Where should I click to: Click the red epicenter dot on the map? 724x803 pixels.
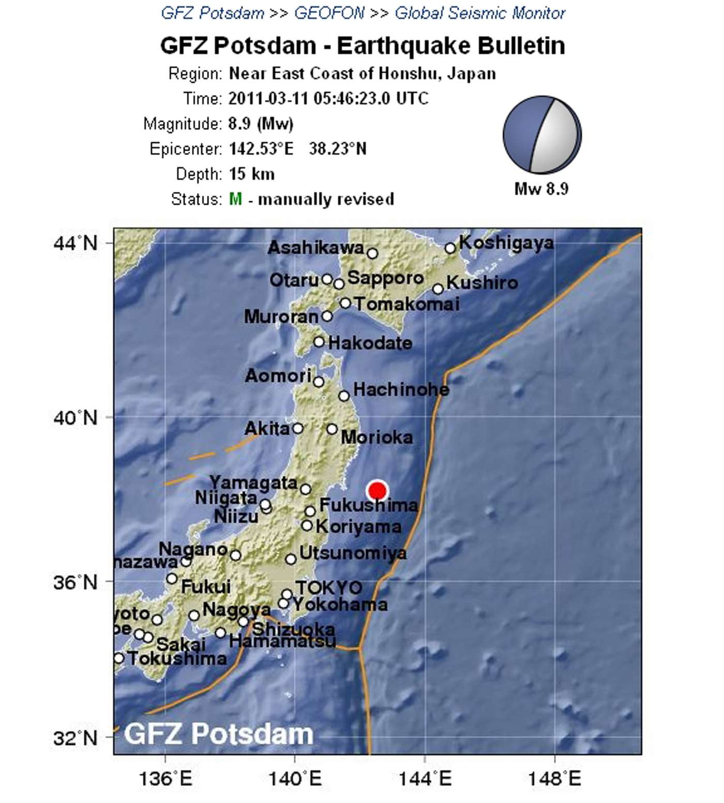[378, 490]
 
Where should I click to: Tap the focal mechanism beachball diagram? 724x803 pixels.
[542, 134]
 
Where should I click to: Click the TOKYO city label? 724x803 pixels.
[328, 587]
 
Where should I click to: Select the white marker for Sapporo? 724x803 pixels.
[339, 284]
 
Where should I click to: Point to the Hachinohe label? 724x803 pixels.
[401, 389]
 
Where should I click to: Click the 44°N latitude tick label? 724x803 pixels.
[76, 243]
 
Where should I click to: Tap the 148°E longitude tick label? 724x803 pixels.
[554, 778]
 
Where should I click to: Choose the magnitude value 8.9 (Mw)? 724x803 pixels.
[261, 124]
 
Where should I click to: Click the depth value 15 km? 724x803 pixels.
[251, 174]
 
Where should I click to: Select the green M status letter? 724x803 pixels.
[235, 199]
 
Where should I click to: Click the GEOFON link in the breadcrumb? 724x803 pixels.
[329, 13]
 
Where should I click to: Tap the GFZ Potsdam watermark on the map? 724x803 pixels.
[219, 734]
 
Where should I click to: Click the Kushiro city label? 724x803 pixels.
[482, 283]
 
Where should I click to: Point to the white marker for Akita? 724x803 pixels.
[297, 428]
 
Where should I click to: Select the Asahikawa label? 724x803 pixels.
[316, 248]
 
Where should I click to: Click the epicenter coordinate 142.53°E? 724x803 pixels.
[261, 149]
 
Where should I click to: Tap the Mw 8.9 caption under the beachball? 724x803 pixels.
[541, 189]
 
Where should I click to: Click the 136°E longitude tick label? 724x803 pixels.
[165, 778]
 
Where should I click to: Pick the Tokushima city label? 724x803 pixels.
[177, 659]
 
